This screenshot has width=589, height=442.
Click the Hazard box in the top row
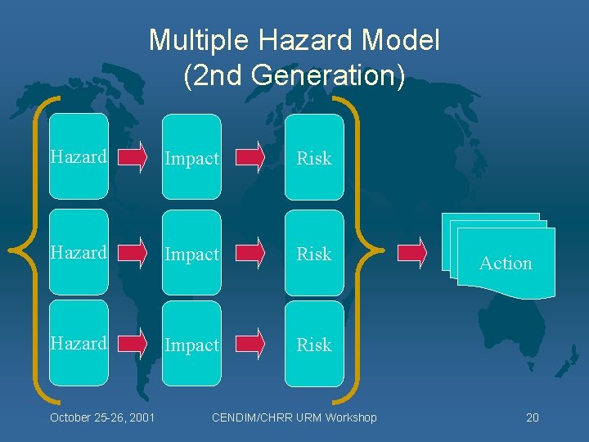click(79, 156)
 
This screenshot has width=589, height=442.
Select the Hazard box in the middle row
click(79, 253)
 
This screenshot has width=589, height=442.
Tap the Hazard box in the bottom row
click(79, 343)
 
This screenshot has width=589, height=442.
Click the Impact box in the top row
click(191, 157)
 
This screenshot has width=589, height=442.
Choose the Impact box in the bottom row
click(191, 344)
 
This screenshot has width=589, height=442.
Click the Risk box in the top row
click(314, 157)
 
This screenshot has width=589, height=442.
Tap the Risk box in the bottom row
click(314, 344)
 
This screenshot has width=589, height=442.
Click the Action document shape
click(505, 262)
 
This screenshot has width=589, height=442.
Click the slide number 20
click(532, 417)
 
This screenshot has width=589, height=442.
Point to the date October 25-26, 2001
click(102, 417)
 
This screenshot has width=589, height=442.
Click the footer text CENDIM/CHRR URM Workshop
click(294, 417)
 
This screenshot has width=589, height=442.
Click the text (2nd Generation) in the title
click(294, 75)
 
